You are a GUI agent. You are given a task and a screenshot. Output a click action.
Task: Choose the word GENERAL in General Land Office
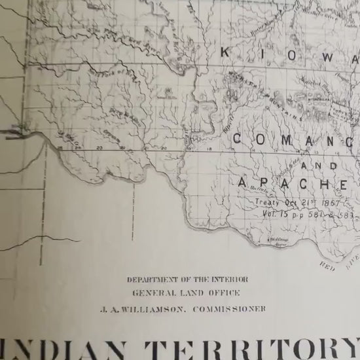click(151, 294)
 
